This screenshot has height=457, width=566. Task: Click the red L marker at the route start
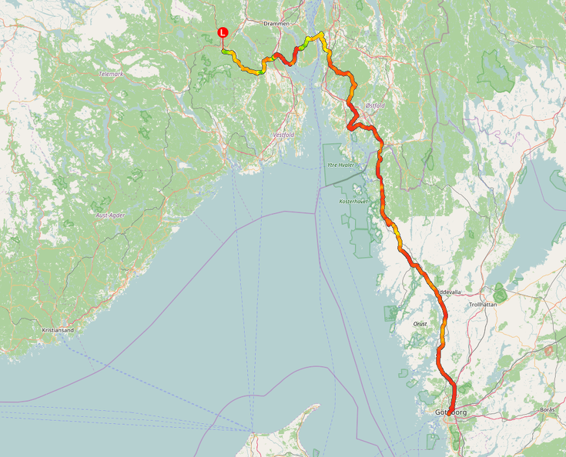[223, 32]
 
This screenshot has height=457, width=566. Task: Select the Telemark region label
[112, 74]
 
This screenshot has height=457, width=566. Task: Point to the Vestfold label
[283, 135]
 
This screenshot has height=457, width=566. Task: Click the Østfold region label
[375, 105]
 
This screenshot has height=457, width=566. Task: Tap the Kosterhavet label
[354, 201]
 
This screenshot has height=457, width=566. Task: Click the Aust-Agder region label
[110, 215]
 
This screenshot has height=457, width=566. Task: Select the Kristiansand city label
[58, 330]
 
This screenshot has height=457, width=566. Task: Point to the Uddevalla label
[450, 292]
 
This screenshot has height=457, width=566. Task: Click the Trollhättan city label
[483, 304]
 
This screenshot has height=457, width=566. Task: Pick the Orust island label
[420, 324]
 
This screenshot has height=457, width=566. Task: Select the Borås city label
[548, 409]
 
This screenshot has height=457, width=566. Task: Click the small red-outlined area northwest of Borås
[548, 350]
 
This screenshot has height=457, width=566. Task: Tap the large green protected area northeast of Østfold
[494, 68]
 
